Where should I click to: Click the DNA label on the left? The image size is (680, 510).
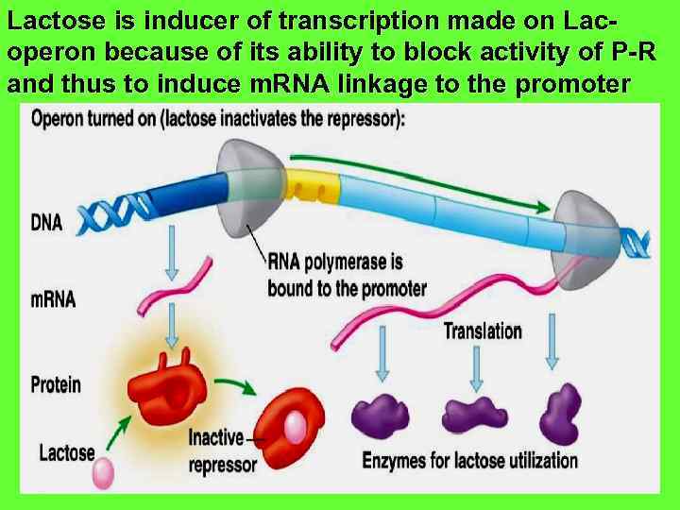point(46,223)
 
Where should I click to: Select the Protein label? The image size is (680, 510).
point(56,384)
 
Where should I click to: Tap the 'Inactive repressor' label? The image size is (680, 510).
point(223,450)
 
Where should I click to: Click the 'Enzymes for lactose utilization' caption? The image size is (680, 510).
point(469,461)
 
